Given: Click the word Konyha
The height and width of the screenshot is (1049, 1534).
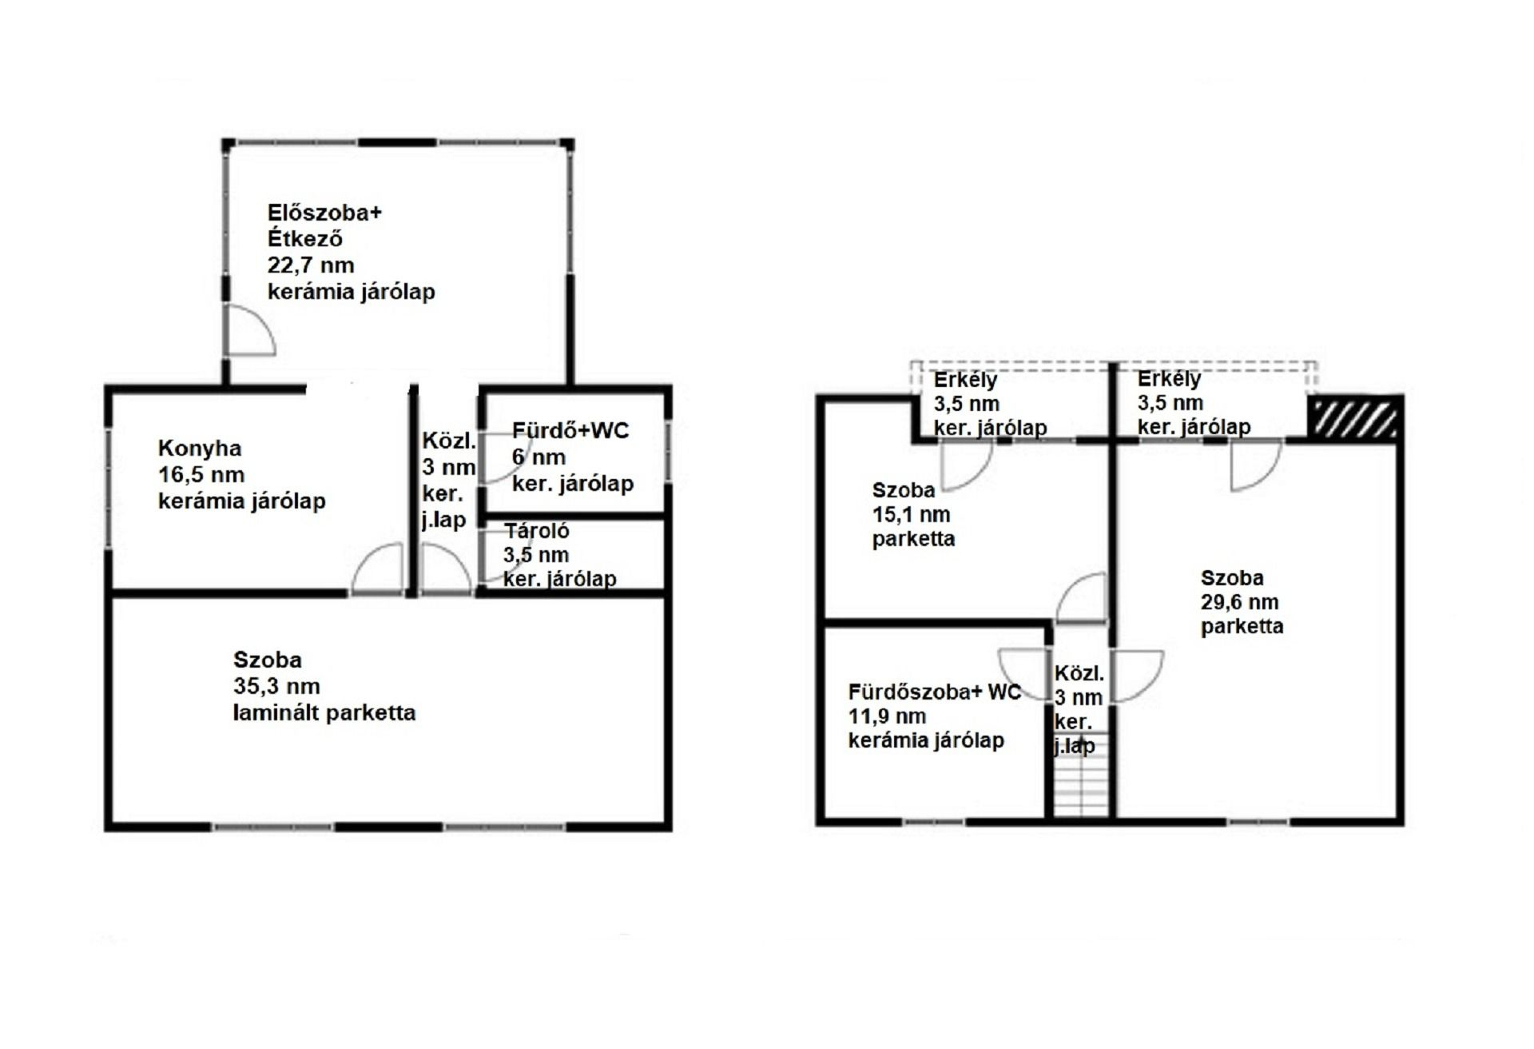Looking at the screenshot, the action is pos(199,449).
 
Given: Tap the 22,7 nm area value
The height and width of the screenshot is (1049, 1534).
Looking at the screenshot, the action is pos(310,265).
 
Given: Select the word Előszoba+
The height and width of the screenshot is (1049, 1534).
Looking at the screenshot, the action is pos(324,213).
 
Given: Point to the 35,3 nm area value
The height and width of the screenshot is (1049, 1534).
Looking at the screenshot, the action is pos(276,686).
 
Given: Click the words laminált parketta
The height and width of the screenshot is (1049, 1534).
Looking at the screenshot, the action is pos(324,713).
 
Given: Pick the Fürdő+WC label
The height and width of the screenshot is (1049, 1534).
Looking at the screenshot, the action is pos(570,431).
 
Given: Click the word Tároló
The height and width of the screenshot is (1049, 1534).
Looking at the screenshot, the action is pos(536,531).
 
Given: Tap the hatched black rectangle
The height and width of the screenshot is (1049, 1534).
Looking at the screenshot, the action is pos(1353,418).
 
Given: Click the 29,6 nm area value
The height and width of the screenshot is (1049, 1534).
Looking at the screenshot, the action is pos(1239,602).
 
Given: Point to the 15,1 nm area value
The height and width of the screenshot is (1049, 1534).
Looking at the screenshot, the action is pos(911,514).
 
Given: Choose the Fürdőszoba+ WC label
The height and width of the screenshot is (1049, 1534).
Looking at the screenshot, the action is pos(935,692).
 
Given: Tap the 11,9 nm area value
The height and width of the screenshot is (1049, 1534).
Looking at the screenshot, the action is pos(887,716).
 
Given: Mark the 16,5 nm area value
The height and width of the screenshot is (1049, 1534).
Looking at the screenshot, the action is pos(201,475).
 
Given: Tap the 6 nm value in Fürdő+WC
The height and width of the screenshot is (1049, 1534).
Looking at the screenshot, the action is pos(538,457).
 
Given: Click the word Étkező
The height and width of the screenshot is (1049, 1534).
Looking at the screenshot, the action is pos(305,238).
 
